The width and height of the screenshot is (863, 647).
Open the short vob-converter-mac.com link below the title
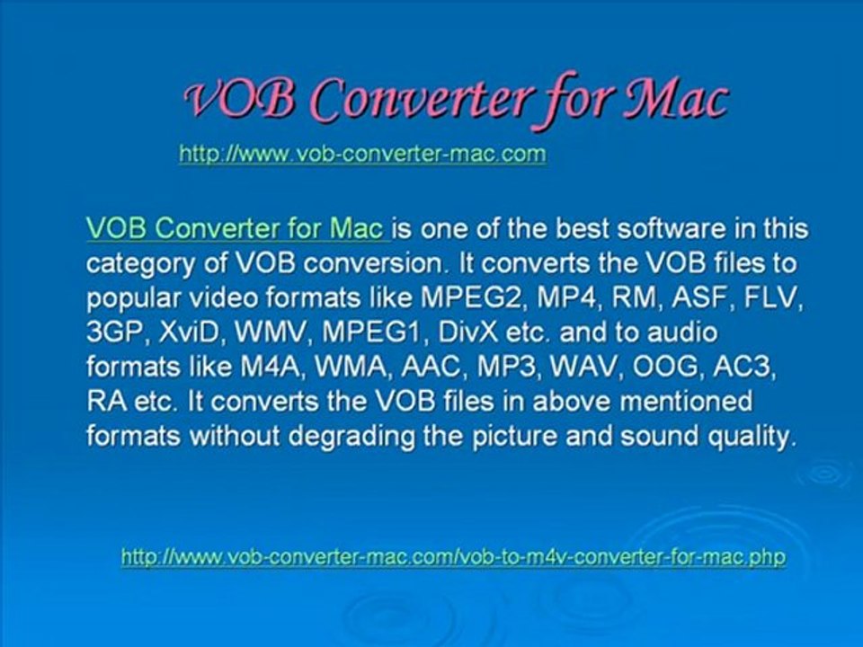tap(362, 154)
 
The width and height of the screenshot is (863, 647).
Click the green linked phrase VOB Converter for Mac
tap(235, 228)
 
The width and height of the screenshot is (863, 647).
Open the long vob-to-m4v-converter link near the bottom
tap(453, 557)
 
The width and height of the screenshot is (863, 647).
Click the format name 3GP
tap(117, 332)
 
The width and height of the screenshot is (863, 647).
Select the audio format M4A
tap(272, 367)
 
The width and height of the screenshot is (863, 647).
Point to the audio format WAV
tap(586, 367)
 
